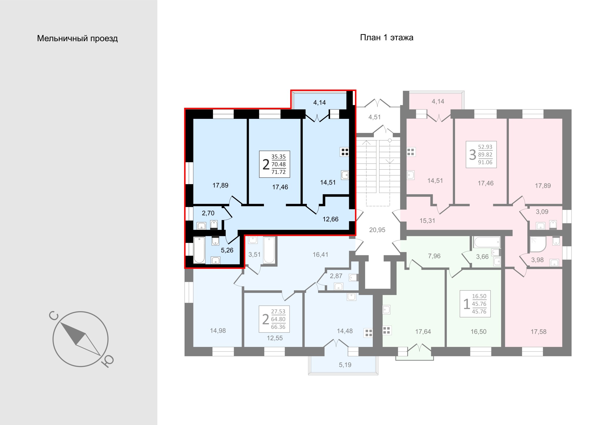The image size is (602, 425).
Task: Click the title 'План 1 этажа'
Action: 387,38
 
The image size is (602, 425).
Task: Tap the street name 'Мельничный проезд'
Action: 77,38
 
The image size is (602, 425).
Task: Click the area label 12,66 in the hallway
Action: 331,219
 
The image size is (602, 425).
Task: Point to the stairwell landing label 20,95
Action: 377,230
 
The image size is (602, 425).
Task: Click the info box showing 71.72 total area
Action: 275,164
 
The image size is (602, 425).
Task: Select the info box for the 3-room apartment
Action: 481,154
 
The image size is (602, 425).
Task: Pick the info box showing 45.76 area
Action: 475,304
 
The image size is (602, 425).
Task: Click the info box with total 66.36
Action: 274,319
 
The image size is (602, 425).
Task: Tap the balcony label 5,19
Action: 345,365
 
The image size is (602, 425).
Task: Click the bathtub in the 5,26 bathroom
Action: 199,250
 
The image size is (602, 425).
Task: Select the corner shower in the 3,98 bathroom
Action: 538,244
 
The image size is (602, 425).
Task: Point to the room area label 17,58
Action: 539,332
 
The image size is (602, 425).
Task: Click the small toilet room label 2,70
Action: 208,213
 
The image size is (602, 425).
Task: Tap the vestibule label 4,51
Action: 374,117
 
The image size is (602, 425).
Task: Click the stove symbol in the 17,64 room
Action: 387,330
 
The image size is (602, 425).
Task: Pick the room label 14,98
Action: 218,330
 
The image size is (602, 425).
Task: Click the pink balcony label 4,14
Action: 438,102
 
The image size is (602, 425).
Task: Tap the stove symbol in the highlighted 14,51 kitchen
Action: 345,152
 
